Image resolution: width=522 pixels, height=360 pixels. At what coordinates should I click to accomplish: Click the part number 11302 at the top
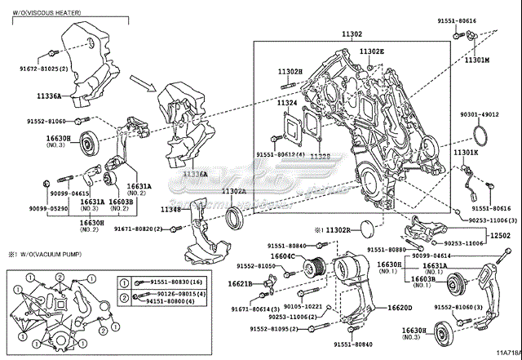(x=352, y=33)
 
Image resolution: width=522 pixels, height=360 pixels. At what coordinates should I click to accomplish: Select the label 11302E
(x=370, y=51)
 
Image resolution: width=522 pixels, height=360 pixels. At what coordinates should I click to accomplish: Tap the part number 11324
(x=286, y=103)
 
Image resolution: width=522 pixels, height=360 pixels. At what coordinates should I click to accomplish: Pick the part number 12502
(x=499, y=234)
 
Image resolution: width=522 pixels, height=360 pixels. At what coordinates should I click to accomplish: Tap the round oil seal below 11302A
(x=236, y=218)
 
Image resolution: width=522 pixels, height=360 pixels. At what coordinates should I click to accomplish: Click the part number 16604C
(x=281, y=256)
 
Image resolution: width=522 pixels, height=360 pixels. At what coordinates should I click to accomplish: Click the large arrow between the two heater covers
(x=144, y=84)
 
